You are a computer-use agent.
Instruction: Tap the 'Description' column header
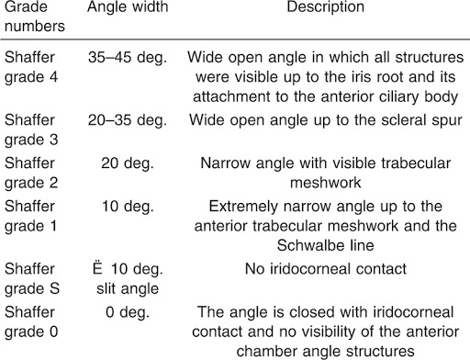[x=325, y=7]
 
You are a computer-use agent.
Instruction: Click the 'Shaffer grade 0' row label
[x=29, y=322]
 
